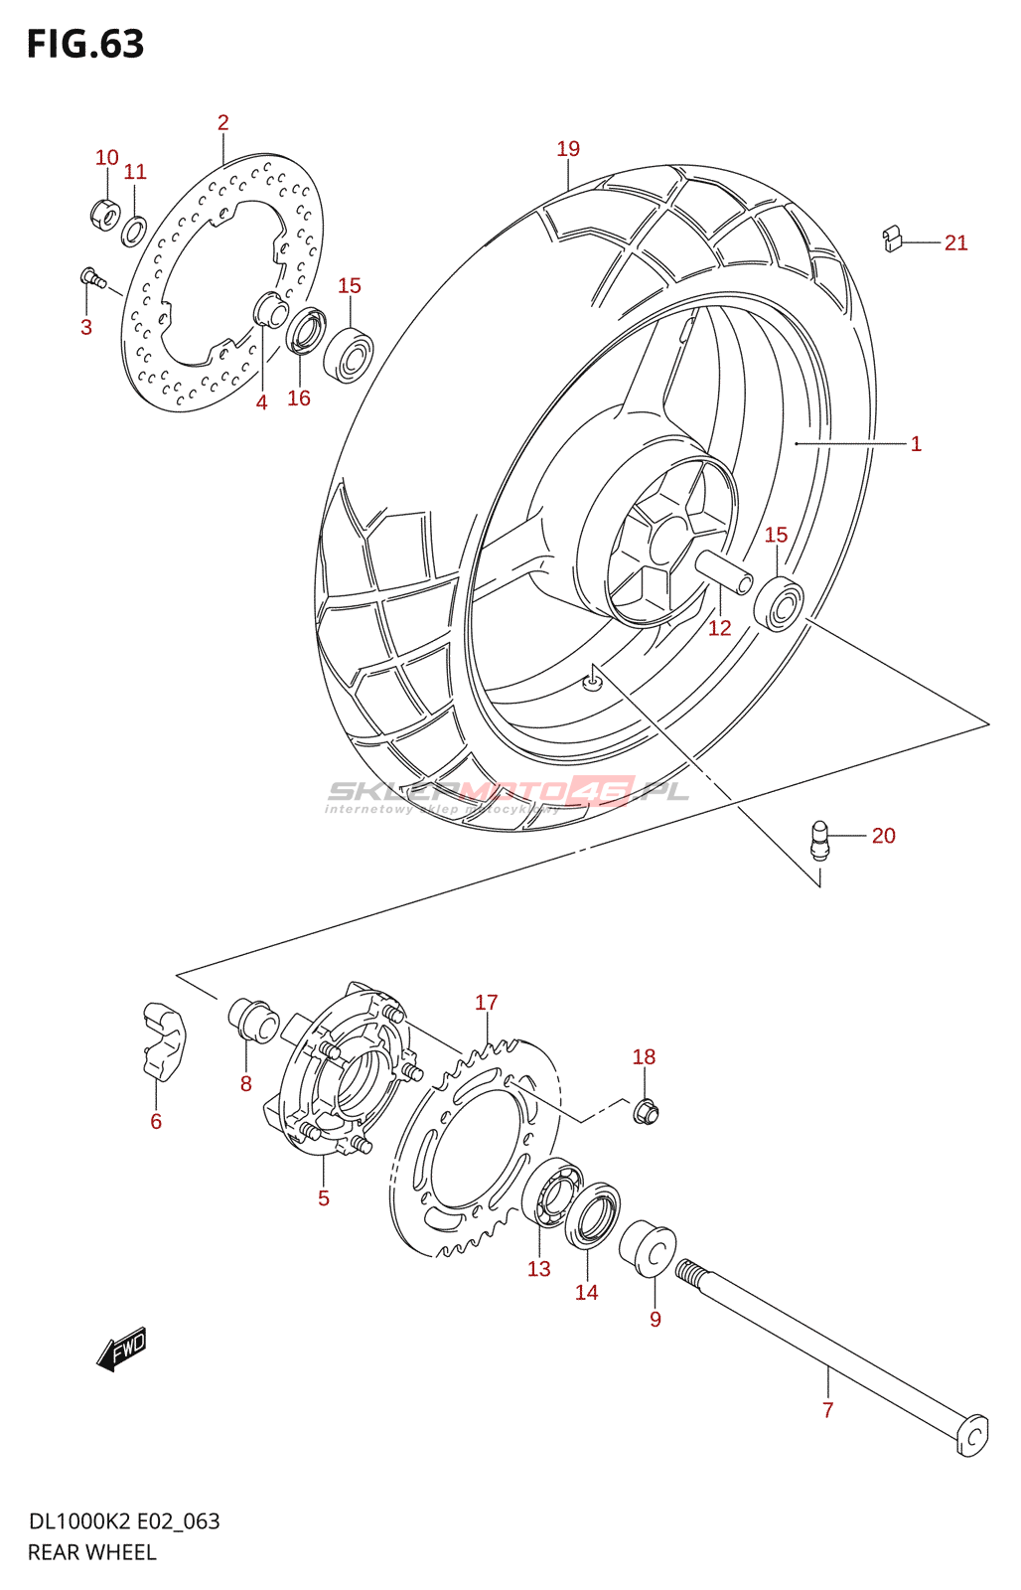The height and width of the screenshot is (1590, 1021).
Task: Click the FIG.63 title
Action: point(85,45)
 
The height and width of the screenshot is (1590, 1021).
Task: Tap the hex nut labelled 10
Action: point(105,213)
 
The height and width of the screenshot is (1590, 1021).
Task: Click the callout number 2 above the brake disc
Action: point(223,123)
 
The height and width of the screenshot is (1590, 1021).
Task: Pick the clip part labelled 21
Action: point(893,239)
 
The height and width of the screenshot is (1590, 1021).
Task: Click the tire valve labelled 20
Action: point(818,839)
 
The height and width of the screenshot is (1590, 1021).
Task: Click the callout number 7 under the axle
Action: point(827,1409)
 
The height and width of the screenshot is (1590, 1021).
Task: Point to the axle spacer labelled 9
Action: point(649,1248)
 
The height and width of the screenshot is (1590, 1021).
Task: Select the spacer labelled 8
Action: point(254,1021)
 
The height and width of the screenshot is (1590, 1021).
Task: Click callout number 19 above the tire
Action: point(568,149)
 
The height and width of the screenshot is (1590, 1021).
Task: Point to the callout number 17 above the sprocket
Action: point(486,1003)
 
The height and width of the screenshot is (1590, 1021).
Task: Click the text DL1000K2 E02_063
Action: point(124,1521)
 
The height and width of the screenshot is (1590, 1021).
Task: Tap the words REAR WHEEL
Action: point(92,1552)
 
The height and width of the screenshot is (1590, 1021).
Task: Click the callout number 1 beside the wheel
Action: point(916,444)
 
